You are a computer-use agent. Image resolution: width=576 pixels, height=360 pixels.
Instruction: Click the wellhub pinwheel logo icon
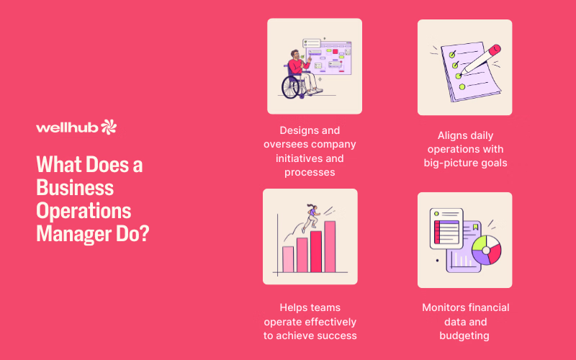coord(109,127)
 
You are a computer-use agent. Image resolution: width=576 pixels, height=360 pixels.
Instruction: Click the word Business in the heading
coord(75,188)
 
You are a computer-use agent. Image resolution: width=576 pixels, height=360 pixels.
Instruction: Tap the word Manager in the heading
coord(74,234)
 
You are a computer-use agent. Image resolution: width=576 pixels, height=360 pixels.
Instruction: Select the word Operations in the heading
coord(84,212)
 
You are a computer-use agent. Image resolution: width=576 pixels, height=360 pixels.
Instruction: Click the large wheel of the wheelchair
coord(291,87)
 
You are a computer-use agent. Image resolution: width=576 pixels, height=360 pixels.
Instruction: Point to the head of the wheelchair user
coord(294,55)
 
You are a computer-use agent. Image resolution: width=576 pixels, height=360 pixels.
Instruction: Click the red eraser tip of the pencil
coord(495,49)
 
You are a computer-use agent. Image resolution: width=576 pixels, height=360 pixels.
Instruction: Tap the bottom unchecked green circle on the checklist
coord(462,87)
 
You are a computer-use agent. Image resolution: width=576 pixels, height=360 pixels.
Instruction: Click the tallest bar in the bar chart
coord(330,246)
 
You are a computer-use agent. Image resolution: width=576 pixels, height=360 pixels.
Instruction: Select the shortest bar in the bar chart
coord(288,259)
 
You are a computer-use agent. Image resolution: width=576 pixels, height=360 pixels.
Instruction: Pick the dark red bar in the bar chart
coord(316,251)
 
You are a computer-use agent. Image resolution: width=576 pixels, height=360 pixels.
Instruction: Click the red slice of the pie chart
coord(495,253)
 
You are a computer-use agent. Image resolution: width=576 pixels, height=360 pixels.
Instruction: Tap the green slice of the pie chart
coord(480,243)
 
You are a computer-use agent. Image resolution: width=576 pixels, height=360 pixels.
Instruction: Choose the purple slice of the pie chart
coord(480,258)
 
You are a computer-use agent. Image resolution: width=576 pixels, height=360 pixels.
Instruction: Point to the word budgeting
coord(464,336)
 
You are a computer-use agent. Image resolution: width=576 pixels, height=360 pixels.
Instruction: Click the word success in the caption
coord(337,336)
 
